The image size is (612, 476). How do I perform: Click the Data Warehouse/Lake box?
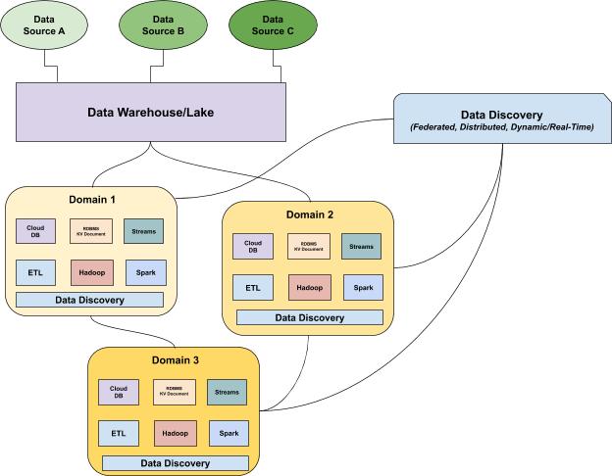click(x=151, y=112)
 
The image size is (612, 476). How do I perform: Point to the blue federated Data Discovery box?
click(x=501, y=121)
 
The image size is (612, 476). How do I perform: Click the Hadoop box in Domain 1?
click(x=93, y=271)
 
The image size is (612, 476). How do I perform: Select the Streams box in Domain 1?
click(x=144, y=232)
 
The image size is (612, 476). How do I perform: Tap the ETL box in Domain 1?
click(x=36, y=271)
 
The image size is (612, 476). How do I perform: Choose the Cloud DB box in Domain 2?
click(x=252, y=247)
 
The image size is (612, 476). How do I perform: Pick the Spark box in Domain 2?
click(x=363, y=287)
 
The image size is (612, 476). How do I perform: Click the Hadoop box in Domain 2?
click(x=309, y=287)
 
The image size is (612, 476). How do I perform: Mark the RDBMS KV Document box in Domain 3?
click(x=176, y=392)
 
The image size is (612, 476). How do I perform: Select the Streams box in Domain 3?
click(x=227, y=392)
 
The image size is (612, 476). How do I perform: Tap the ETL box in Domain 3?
click(x=119, y=433)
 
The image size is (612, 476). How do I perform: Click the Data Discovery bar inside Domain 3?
click(x=175, y=462)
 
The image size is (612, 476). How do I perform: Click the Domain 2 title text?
click(x=308, y=214)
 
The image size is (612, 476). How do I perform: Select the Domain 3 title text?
click(x=175, y=360)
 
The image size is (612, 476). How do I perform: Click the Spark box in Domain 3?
click(x=229, y=433)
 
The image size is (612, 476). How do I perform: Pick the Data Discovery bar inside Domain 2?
click(x=309, y=317)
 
